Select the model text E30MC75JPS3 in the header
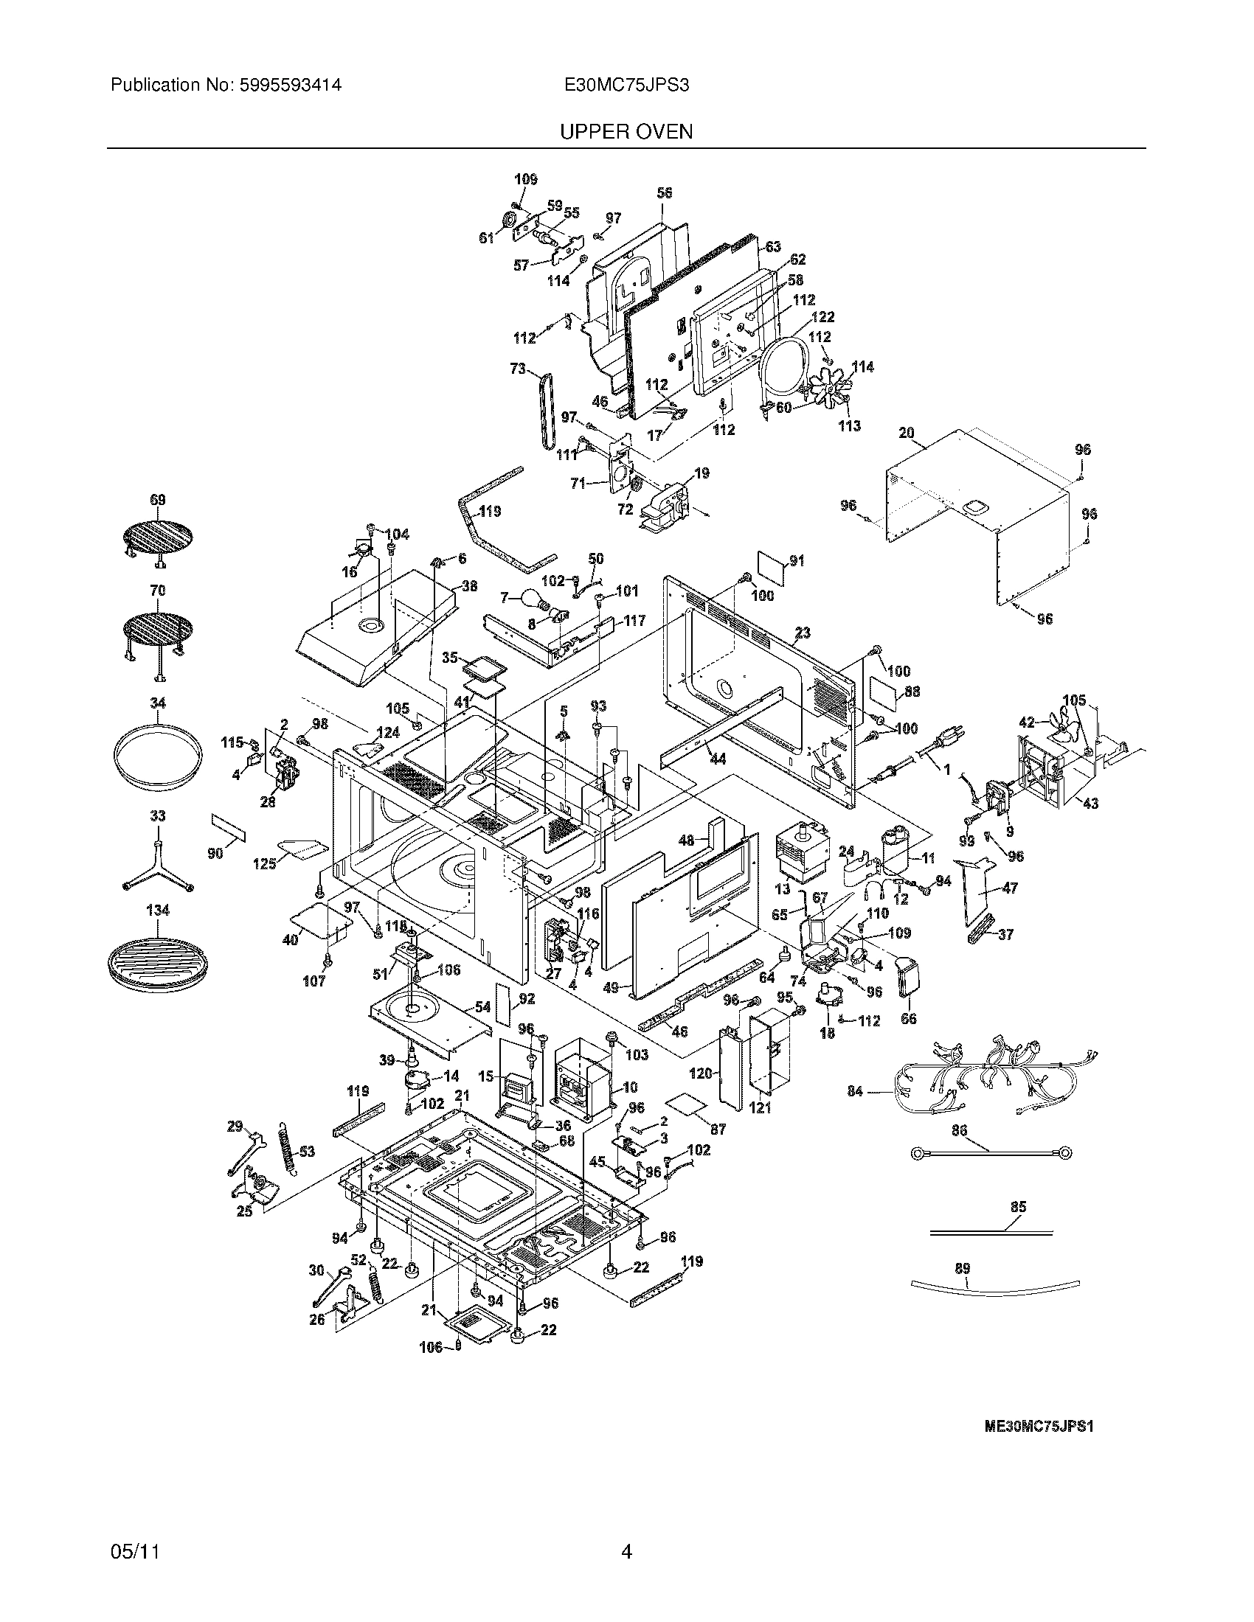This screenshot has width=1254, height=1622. (x=626, y=86)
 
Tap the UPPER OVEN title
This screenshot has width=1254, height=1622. (x=626, y=132)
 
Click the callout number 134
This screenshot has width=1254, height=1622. (x=158, y=910)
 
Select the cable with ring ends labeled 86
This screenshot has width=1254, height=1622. (x=988, y=1153)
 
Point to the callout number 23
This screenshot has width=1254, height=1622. (x=803, y=633)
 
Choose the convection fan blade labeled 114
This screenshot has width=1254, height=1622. (x=827, y=390)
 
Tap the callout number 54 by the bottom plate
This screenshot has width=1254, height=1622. (x=482, y=1007)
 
